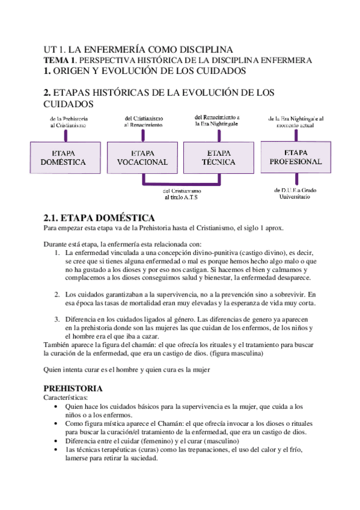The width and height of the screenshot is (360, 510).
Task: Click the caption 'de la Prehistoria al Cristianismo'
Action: pos(69,122)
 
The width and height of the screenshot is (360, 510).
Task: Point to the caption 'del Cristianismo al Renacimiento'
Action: pos(143,121)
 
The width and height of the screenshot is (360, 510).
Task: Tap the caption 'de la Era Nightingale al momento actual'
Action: pos(295,122)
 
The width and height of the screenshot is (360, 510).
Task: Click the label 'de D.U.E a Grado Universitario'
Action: pos(294,193)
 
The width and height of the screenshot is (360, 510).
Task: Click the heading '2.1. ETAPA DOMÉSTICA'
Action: pos(100,218)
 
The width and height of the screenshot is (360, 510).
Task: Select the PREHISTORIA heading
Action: pos(73,389)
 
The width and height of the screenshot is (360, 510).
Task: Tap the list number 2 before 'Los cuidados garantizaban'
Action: pos(56,294)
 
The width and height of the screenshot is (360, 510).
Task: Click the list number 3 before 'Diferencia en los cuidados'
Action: pos(56,318)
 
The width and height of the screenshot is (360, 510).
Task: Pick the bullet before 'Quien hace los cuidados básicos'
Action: pos(56,407)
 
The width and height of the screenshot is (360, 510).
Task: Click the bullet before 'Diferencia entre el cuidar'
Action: pos(56,441)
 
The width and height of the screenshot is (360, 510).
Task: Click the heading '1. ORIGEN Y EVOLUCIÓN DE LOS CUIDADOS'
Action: pos(145,71)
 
